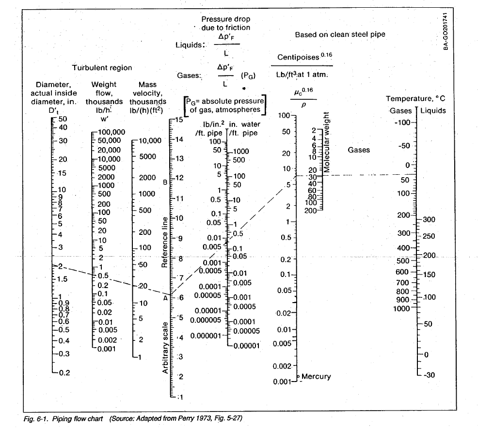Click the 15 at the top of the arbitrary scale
coord(179,120)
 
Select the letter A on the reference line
coord(165,298)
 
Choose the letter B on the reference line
coord(165,182)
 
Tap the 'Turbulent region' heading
coord(102,68)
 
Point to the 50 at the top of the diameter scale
coord(63,119)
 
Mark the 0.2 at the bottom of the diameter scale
coord(64,372)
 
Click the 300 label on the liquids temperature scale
coord(430,219)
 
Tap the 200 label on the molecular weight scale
coord(310,210)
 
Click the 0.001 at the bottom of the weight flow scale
coord(107,349)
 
